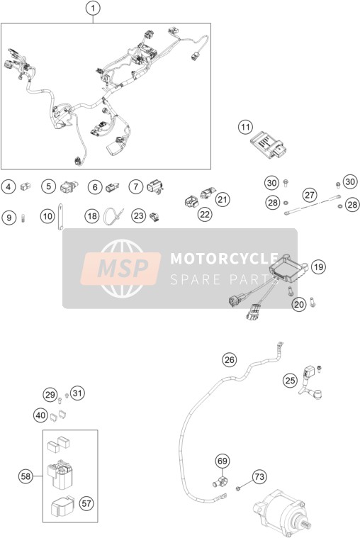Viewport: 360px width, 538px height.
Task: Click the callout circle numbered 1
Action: [93, 9]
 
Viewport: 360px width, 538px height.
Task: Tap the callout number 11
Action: [245, 128]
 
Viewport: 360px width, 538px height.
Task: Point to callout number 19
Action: [318, 267]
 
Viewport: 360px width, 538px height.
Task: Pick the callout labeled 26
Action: [229, 359]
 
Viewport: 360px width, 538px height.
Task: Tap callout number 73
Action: [259, 476]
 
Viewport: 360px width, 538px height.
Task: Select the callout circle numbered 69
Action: [223, 461]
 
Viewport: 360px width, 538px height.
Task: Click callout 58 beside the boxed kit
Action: [26, 476]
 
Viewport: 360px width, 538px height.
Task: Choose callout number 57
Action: [86, 503]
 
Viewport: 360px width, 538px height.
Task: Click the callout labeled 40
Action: [40, 415]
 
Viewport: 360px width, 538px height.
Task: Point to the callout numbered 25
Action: [291, 380]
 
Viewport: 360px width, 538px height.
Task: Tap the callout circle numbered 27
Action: [310, 195]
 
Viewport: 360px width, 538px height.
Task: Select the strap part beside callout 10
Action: [60, 217]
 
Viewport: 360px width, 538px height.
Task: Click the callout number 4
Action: [9, 186]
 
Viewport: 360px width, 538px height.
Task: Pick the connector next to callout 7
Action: [154, 187]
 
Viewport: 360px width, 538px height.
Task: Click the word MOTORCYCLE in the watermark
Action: [224, 258]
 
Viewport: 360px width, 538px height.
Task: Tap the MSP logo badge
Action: [120, 269]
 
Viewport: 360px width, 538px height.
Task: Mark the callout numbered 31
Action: [77, 393]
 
